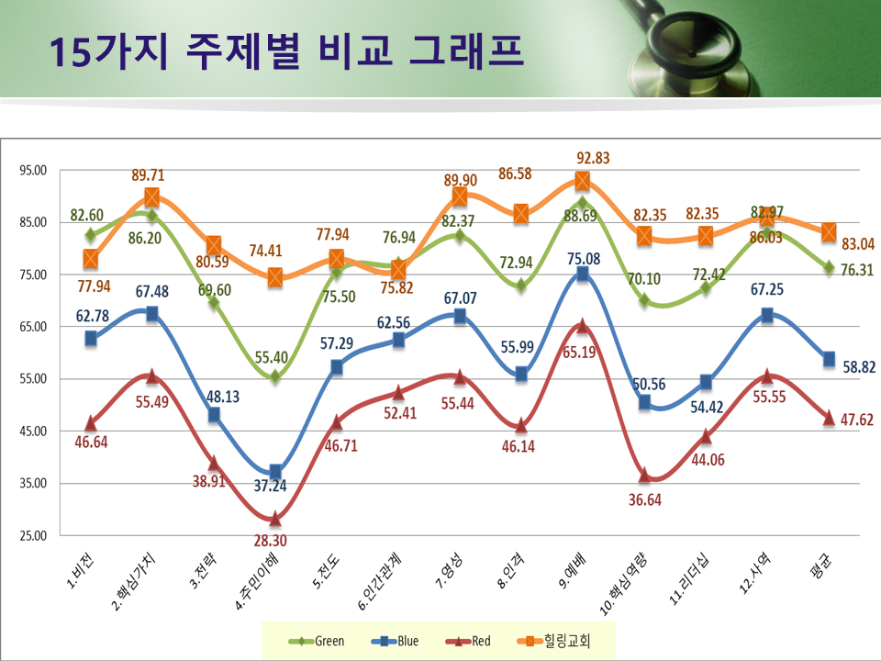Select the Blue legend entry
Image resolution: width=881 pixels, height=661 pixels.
396,641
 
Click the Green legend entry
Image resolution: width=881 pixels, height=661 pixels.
317,641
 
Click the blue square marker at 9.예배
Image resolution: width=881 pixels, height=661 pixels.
582,274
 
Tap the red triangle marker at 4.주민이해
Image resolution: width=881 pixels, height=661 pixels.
274,519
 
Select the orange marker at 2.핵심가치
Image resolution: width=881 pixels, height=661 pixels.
151,197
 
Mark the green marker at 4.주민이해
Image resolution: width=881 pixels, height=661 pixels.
274,376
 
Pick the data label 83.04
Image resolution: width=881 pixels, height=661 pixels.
859,244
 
